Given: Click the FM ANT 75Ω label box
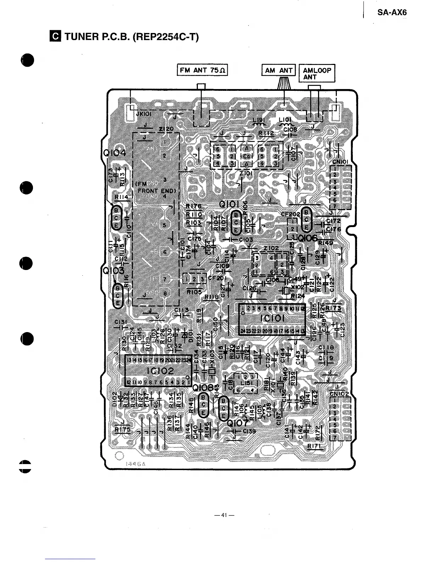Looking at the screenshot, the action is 202,70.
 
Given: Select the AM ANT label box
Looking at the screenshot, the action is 278,70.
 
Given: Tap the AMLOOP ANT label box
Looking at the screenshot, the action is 317,73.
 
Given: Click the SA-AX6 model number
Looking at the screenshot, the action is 392,13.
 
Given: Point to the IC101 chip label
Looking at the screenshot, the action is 272,318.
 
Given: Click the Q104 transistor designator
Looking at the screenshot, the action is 114,153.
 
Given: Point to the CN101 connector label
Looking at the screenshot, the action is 341,162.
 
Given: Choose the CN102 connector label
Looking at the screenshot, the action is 339,394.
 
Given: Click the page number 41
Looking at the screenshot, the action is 223,515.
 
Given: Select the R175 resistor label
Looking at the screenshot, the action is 122,430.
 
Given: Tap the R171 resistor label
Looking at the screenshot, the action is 315,446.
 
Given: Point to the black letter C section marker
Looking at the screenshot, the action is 56,36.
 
